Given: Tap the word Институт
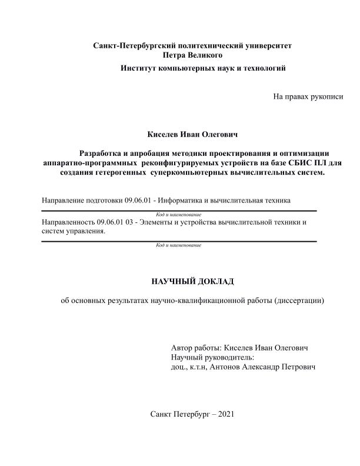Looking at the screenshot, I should click(140, 68).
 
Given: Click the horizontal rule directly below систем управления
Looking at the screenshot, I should click(179, 241).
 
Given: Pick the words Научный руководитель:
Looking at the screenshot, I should click(212, 357).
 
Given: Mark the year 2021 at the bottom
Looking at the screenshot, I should click(226, 414).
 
